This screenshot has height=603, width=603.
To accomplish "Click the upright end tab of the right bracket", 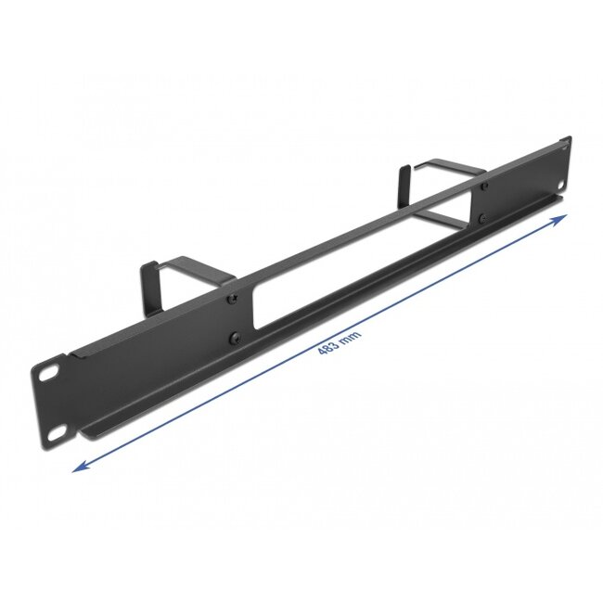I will pyautogui.click(x=404, y=182).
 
